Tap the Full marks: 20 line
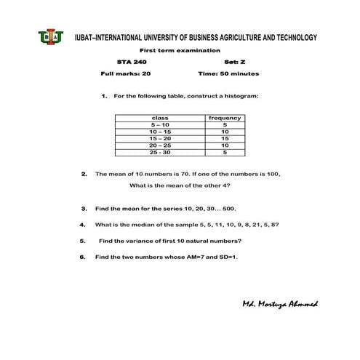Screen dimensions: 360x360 click(x=126, y=74)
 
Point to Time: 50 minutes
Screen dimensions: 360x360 click(x=228, y=74)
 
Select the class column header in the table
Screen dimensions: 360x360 click(x=159, y=118)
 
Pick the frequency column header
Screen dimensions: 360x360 click(x=225, y=118)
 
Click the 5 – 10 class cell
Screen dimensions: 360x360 click(x=159, y=125)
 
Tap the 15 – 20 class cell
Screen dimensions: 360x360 click(x=159, y=139)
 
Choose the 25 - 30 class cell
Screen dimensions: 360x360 click(x=159, y=153)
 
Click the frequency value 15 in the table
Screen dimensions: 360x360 click(x=225, y=139)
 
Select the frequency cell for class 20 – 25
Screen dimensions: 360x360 click(x=225, y=145)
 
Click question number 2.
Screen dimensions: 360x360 click(x=84, y=175)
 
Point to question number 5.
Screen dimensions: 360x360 click(x=84, y=241)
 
